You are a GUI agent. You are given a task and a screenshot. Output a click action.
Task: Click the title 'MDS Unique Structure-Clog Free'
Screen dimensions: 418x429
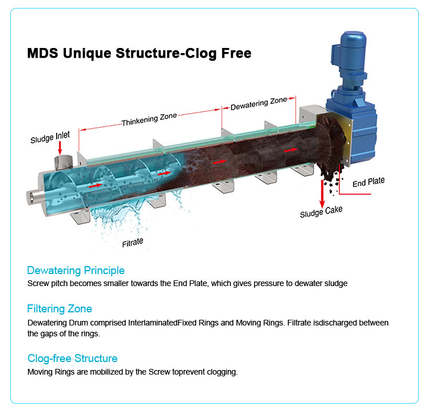click(139, 54)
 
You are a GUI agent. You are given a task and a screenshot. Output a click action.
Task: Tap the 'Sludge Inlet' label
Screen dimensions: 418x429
click(50, 138)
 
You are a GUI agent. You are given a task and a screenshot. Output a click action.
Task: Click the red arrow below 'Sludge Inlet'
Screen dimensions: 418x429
click(59, 147)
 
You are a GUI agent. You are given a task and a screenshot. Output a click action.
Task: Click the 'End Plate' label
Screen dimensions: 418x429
click(368, 182)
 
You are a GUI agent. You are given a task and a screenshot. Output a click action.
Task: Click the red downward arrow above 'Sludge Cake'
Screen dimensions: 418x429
click(322, 194)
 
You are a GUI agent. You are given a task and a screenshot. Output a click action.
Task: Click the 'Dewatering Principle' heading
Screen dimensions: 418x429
click(76, 270)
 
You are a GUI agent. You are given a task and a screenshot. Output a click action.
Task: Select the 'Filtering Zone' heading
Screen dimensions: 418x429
click(59, 309)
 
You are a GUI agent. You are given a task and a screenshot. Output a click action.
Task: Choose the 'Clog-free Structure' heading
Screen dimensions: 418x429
click(73, 358)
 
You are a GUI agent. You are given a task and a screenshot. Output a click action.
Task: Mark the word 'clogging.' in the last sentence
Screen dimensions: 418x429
click(223, 372)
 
